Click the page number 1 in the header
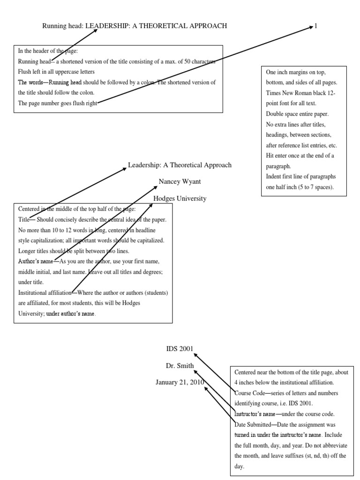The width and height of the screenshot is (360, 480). tap(316, 26)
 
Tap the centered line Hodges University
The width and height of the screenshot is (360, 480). tap(180, 198)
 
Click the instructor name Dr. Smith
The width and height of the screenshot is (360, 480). tap(180, 365)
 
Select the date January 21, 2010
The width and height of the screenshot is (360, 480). tap(180, 382)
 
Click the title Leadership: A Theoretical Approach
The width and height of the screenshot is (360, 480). tap(180, 165)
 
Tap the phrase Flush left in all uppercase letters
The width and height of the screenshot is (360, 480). tap(56, 72)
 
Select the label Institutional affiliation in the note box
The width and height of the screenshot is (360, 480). tap(44, 293)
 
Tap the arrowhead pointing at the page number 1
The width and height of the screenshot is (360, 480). tap(311, 28)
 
